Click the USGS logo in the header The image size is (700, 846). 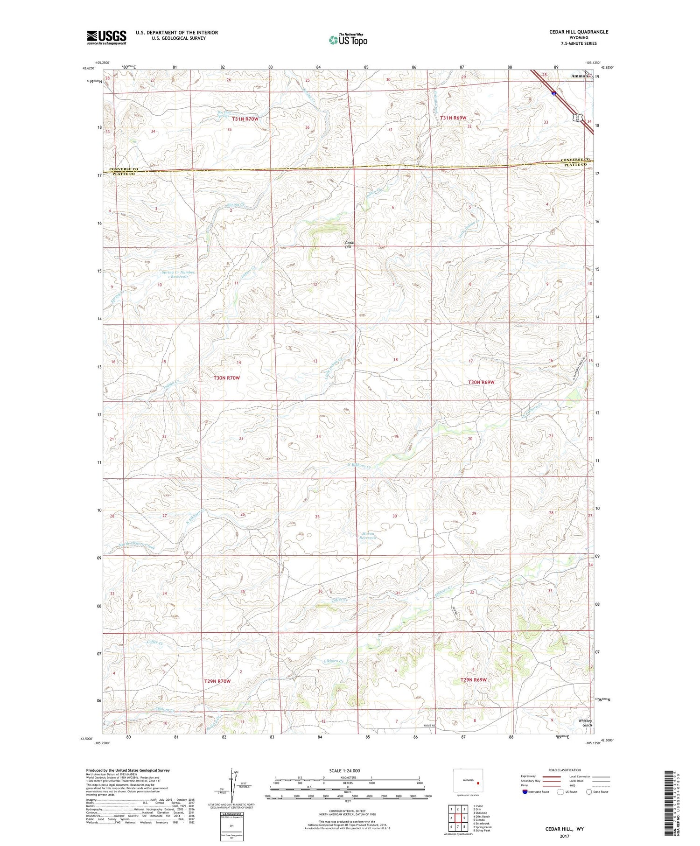coord(106,37)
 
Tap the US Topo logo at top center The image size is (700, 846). coord(348,40)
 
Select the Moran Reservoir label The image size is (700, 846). coord(368,536)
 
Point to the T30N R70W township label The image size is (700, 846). coord(227,378)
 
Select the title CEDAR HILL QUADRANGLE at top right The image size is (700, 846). coord(579,32)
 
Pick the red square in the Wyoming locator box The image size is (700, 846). coord(478,783)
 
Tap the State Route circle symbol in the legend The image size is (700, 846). coord(589,792)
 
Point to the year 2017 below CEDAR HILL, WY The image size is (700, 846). coord(565,836)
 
